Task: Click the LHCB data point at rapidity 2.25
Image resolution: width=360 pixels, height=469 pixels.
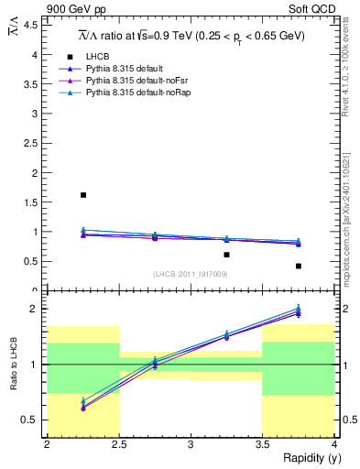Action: (83, 195)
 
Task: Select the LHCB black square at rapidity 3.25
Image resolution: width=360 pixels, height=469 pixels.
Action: (226, 255)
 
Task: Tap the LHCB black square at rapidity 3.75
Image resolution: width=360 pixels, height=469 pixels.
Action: (299, 266)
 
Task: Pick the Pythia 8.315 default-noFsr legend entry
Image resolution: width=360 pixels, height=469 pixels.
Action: (131, 81)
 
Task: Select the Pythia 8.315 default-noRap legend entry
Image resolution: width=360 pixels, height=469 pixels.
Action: (133, 93)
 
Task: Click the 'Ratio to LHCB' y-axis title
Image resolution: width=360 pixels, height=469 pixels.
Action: (14, 365)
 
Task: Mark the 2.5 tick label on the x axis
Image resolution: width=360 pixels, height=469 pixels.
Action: (118, 444)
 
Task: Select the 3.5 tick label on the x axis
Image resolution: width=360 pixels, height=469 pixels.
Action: (262, 444)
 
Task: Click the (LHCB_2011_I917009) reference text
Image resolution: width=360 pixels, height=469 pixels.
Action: (191, 274)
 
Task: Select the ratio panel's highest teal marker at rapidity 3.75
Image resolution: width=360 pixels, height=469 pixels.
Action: (299, 309)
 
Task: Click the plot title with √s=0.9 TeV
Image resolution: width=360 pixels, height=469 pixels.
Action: (191, 37)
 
